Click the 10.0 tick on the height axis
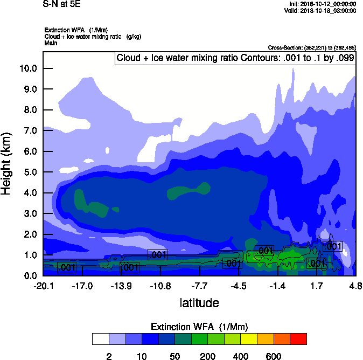click(x=29, y=68)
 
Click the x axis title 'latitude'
click(x=199, y=303)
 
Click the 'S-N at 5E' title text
click(x=62, y=4)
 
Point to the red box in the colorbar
click(x=298, y=338)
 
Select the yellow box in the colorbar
click(x=249, y=338)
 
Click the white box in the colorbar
click(x=100, y=338)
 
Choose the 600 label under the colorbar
click(x=274, y=356)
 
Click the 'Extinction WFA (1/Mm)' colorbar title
click(x=199, y=327)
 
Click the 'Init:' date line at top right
click(x=322, y=4)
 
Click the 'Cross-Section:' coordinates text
click(x=312, y=48)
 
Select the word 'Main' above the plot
click(x=51, y=43)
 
